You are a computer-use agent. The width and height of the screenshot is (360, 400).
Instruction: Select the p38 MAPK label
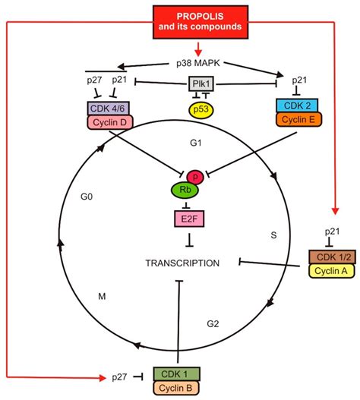[179, 65]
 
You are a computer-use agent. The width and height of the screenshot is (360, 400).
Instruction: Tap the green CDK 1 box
[178, 373]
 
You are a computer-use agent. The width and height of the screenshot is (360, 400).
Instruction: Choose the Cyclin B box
[178, 389]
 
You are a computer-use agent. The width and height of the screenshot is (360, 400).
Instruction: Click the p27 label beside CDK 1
[119, 376]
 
